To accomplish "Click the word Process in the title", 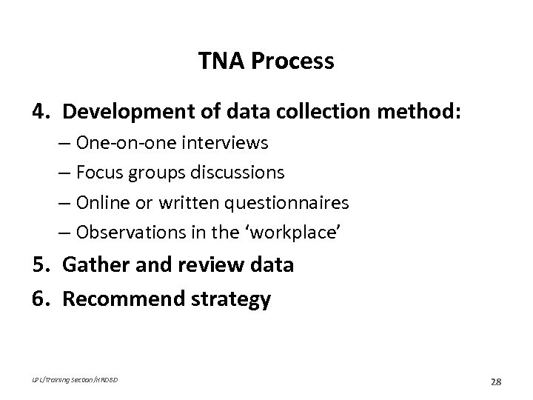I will (x=292, y=61).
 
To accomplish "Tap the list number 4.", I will (x=39, y=113).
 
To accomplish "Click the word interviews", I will (x=233, y=141).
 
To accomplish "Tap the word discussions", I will (x=241, y=172).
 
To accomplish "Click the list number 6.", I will (x=39, y=299).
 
